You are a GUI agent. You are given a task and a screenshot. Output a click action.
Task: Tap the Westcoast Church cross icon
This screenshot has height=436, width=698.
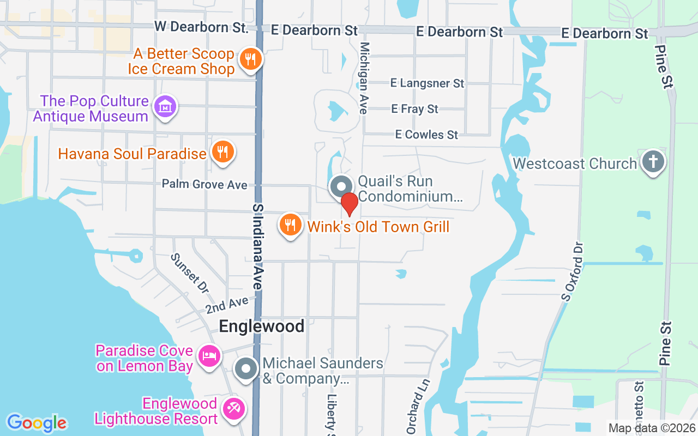tap(653, 162)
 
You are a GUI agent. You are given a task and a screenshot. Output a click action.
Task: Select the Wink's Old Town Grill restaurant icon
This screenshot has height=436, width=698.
tap(291, 225)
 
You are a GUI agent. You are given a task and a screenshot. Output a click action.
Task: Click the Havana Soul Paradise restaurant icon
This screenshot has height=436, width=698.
tap(222, 152)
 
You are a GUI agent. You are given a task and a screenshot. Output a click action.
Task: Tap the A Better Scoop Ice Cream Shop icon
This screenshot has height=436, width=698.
tap(250, 58)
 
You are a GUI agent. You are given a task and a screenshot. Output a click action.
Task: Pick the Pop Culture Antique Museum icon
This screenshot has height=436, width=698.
tap(164, 107)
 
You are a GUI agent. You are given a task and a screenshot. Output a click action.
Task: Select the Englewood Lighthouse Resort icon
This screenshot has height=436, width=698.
tap(234, 410)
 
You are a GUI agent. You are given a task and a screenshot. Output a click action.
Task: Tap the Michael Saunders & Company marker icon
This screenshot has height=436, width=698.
tap(246, 369)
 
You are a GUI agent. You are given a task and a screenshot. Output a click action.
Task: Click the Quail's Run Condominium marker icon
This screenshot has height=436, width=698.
tap(341, 187)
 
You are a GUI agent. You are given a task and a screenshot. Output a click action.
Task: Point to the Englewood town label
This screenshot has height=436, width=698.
tap(262, 326)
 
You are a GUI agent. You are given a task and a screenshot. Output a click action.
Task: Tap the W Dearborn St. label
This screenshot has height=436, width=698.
tap(201, 27)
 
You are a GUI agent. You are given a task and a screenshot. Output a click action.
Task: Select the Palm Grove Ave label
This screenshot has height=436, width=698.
tap(204, 185)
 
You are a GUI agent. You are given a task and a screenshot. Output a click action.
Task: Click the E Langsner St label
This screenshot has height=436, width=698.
tap(427, 83)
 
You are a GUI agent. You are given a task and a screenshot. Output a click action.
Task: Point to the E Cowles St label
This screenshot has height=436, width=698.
tap(427, 134)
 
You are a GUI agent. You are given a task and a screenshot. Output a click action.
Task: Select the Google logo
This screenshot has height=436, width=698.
tap(37, 422)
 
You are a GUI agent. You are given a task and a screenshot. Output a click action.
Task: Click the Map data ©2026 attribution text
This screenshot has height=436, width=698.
tap(652, 428)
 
